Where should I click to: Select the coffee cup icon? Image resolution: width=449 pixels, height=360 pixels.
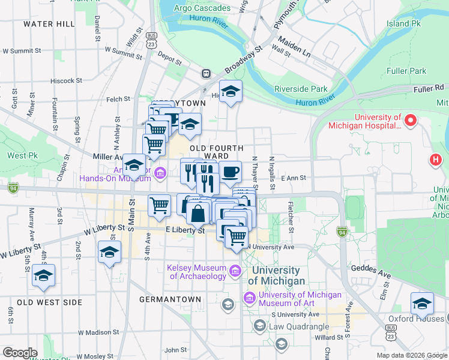click(231, 173)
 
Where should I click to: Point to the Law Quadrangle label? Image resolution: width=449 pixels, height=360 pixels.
click(299, 326)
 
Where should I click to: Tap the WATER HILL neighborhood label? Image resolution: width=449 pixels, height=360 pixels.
click(49, 24)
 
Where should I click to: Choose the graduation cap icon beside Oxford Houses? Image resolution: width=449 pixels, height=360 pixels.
click(422, 304)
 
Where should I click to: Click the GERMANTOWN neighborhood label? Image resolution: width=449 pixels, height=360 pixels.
click(170, 299)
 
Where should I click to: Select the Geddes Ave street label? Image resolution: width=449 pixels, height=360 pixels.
click(371, 272)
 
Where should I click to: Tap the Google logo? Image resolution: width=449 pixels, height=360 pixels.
click(20, 353)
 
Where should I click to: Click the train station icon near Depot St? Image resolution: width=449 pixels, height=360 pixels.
click(206, 74)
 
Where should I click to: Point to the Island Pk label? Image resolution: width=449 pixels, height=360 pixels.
click(404, 24)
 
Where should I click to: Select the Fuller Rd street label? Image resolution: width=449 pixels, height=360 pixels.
click(428, 89)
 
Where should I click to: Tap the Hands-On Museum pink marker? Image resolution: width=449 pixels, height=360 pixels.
click(160, 174)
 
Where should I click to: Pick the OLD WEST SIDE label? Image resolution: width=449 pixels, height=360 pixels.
click(49, 302)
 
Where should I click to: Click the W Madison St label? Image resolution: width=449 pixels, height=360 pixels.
click(91, 332)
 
